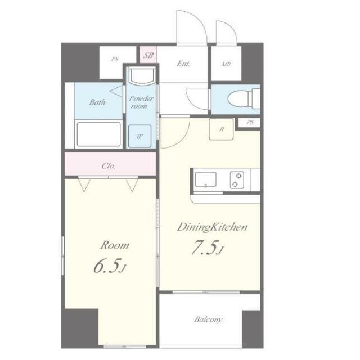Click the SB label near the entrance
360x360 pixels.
pos(148,55)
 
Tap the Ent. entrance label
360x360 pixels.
pos(183,64)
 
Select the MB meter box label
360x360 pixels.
pos(226,64)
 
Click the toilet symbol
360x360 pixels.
pos(244,98)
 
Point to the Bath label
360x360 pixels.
pos(97,102)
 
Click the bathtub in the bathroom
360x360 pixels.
pos(99,134)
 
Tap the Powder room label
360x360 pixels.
pos(141,102)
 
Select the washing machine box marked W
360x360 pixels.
pos(139,136)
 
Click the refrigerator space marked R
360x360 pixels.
pos(221,129)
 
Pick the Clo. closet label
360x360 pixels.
pos(109,165)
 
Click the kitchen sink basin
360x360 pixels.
pos(205,179)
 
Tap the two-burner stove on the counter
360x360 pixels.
pos(237,180)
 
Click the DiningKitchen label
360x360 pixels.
pos(212,227)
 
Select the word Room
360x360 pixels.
pos(115,245)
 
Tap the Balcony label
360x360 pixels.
pos(208,319)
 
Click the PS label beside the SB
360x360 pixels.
pos(115,59)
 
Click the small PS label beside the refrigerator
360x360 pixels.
pos(250,123)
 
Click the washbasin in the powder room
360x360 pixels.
pos(142,76)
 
